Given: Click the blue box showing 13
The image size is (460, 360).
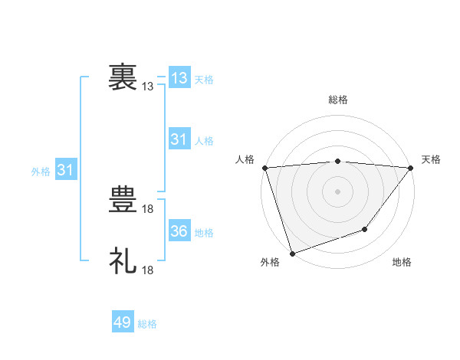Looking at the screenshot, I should [179, 78].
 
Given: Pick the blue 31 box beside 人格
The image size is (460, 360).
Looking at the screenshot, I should [179, 139].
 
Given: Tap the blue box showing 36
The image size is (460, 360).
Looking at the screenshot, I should [179, 231].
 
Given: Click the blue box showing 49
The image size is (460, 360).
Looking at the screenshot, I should [123, 322].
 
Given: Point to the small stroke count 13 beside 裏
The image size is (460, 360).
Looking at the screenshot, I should [148, 87].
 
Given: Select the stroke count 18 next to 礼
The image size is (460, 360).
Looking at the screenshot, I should [149, 270].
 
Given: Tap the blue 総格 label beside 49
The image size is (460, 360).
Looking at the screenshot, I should [147, 324].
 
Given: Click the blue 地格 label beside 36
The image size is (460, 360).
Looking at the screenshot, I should [204, 233].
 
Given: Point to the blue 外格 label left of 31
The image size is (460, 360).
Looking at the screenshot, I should [41, 172].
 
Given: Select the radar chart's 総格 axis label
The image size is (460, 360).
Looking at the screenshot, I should [338, 100].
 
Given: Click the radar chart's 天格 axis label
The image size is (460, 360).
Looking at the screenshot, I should [431, 159].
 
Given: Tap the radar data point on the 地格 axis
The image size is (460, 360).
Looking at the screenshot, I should [366, 229].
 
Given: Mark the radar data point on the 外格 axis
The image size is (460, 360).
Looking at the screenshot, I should [292, 253].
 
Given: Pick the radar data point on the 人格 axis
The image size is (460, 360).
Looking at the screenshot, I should [264, 168].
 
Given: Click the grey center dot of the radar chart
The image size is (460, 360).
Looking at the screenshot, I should [337, 191].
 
